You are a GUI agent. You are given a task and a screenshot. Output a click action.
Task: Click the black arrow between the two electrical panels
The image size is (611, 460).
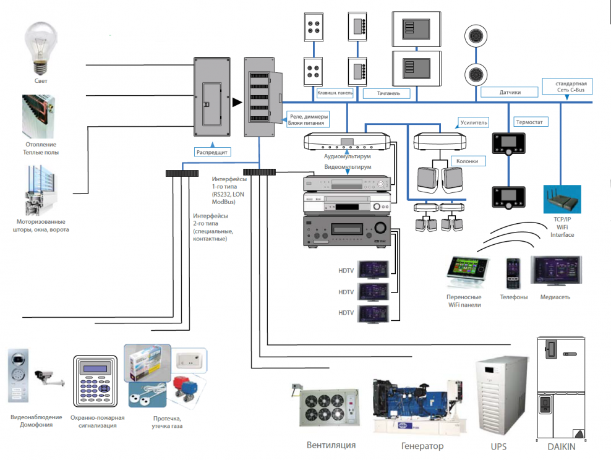[x=236, y=102]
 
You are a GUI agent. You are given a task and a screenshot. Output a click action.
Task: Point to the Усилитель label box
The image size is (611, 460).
[x=474, y=122]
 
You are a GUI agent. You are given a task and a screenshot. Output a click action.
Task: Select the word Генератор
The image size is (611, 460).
[x=422, y=446]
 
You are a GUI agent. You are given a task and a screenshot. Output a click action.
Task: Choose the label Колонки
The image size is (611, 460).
[x=467, y=161]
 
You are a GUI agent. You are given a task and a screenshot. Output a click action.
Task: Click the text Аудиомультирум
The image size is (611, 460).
[x=347, y=157]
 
